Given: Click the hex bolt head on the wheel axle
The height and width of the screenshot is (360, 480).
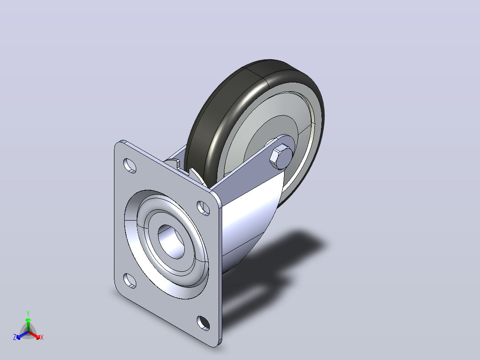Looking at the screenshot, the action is tap(281, 157).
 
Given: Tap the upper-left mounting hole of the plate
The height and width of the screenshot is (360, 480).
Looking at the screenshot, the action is tap(130, 165).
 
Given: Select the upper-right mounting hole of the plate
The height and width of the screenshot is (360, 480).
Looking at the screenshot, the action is tap(203, 208).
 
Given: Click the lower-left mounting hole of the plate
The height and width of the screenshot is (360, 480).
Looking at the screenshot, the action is tap(130, 281).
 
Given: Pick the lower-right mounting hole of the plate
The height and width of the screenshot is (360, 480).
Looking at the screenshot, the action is tap(203, 323).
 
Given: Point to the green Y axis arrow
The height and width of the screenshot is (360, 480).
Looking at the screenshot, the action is tap(28, 325).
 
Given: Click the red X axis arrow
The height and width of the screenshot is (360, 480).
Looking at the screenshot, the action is tap(34, 335).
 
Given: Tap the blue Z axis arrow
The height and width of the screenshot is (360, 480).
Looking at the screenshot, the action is tap(22, 335).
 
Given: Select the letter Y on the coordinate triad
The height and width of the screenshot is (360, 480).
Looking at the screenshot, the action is tap(28, 314).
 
